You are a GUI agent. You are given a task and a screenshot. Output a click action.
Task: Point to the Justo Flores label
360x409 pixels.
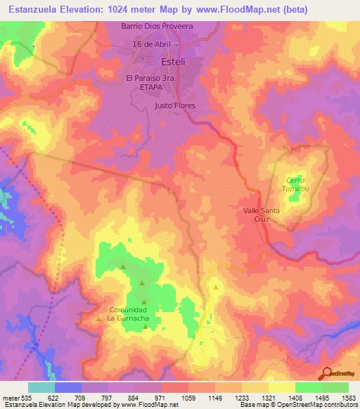coord(174,106)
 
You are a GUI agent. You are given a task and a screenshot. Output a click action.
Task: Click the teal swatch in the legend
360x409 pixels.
coord(41,387)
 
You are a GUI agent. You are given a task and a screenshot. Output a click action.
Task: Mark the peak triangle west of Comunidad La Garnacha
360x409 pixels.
coord(98,320)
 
